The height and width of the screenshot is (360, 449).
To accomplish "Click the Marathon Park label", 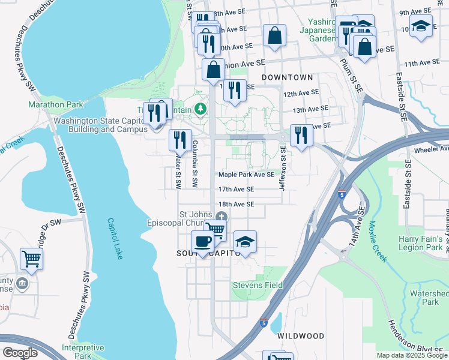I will pyautogui.click(x=55, y=104).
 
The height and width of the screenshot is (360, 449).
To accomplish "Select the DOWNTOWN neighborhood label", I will pyautogui.click(x=288, y=77).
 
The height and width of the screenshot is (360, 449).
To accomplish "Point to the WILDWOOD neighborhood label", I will pyautogui.click(x=301, y=337).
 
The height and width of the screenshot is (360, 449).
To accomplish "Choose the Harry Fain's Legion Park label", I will pyautogui.click(x=420, y=243).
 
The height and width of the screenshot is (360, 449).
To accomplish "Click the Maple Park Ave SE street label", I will pyautogui.click(x=246, y=175).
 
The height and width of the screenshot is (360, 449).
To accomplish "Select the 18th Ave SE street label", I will pyautogui.click(x=236, y=204).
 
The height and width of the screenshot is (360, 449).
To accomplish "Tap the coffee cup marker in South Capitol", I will pyautogui.click(x=202, y=241).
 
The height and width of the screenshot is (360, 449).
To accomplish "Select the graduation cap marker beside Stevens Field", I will pyautogui.click(x=245, y=241).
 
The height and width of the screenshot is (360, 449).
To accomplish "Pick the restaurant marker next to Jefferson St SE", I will pyautogui.click(x=301, y=134).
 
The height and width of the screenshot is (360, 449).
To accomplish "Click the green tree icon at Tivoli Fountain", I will pyautogui.click(x=202, y=109).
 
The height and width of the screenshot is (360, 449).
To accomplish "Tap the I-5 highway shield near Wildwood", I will pyautogui.click(x=264, y=323).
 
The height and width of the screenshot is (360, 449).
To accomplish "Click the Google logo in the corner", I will pyautogui.click(x=20, y=353).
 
